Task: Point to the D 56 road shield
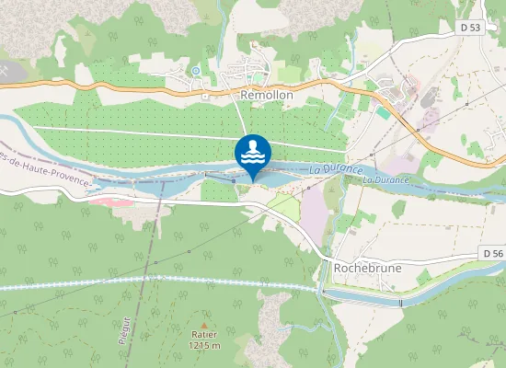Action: click(493, 253)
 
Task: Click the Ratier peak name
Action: click(203, 335)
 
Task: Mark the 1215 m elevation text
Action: click(203, 345)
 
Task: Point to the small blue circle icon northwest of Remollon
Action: click(195, 70)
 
